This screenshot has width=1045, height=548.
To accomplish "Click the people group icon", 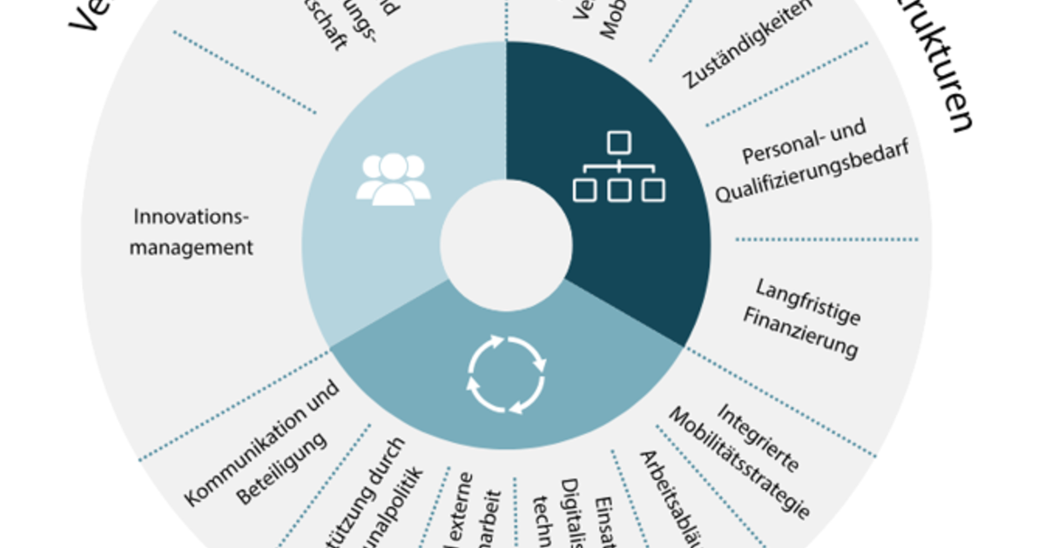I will [393, 178].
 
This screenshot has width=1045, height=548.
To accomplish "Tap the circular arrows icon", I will [506, 374].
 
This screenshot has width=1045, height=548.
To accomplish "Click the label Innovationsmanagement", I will [192, 231].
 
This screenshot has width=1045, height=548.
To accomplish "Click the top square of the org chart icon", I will [618, 141].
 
